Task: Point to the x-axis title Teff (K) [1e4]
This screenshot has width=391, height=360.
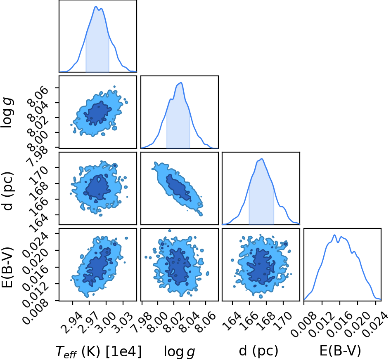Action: coord(99,351)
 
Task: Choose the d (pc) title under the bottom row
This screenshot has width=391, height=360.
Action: coord(258,351)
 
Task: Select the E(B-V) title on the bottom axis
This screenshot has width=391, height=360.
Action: coord(340,351)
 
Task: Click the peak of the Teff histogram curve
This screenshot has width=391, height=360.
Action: coord(96,7)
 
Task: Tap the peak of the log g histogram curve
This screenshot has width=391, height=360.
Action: coord(181,82)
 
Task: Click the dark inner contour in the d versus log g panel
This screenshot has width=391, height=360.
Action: coord(178,187)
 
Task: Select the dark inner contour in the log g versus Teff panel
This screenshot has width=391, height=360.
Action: coord(97,113)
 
